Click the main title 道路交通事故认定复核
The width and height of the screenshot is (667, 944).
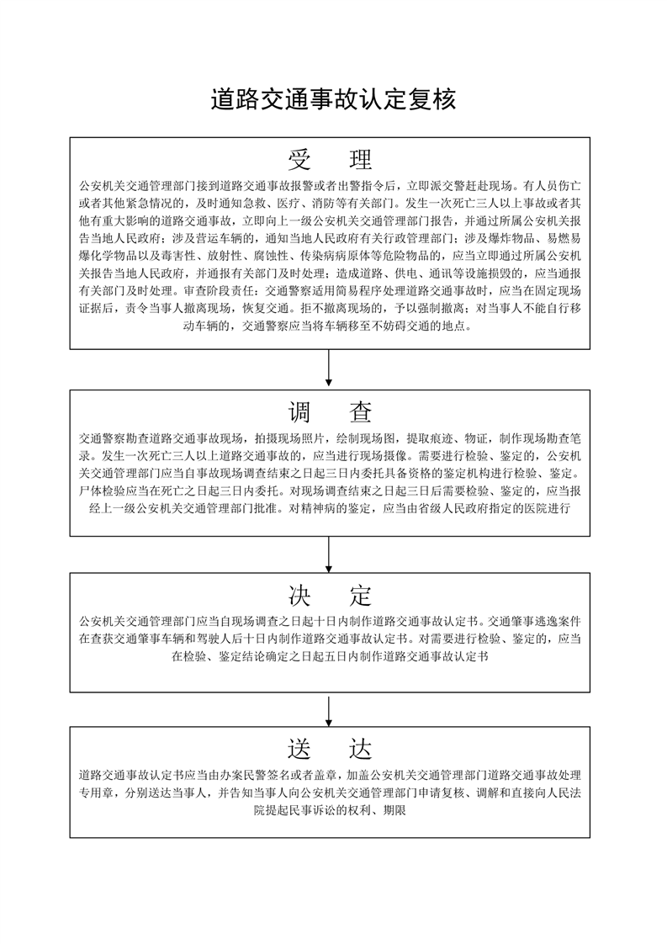[333, 99]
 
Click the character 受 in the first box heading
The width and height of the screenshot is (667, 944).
[299, 160]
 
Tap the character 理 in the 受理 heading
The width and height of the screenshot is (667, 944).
[361, 160]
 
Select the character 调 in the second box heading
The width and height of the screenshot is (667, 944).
[299, 412]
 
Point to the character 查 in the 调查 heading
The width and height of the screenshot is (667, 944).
[361, 412]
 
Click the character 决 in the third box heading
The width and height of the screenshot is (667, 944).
[299, 596]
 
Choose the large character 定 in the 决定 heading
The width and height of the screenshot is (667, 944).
[361, 596]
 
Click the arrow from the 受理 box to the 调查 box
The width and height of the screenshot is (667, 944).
[329, 367]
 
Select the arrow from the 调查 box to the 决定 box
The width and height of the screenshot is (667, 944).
[329, 554]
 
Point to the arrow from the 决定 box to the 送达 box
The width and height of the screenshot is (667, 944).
[329, 709]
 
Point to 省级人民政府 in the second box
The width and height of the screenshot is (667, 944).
[452, 507]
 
